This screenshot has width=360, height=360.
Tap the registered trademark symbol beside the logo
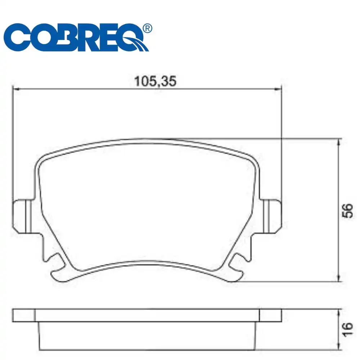click(147, 28)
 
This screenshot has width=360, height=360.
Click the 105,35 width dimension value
click(155, 82)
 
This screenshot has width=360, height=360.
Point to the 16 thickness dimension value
click(346, 329)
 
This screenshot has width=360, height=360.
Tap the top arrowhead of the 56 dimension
click(338, 141)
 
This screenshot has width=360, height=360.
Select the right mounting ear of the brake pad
click(273, 216)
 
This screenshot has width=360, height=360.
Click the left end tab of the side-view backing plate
click(24, 315)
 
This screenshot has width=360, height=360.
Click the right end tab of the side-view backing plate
click(270, 315)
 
